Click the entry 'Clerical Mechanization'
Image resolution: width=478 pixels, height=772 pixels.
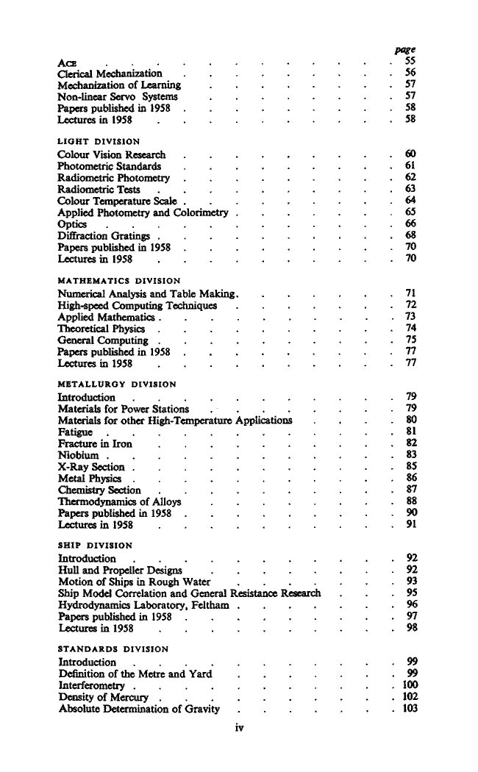click(110, 74)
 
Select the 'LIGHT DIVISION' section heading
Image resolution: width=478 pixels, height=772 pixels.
click(99, 140)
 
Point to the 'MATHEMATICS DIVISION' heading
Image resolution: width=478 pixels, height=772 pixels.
click(117, 280)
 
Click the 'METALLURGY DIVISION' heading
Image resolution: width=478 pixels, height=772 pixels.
click(116, 384)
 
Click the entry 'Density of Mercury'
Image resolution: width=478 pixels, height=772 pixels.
click(103, 697)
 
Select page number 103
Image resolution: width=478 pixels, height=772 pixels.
click(409, 709)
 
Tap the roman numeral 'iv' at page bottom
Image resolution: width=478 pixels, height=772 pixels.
click(239, 728)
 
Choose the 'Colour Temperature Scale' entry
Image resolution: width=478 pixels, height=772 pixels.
click(120, 200)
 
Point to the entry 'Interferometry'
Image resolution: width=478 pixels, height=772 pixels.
click(90, 685)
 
